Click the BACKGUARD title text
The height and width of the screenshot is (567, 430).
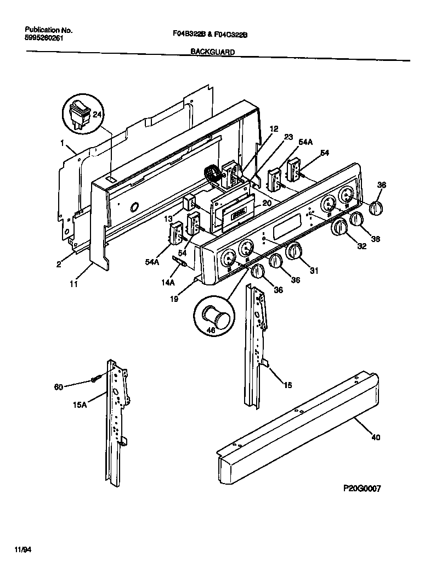point(212,52)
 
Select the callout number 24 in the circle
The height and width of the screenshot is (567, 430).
point(97,115)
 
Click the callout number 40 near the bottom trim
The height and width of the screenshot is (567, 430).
point(375,437)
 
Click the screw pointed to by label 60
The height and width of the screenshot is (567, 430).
point(97,379)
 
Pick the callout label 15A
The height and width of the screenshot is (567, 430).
point(80,405)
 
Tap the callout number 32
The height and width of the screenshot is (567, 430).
point(361,246)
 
